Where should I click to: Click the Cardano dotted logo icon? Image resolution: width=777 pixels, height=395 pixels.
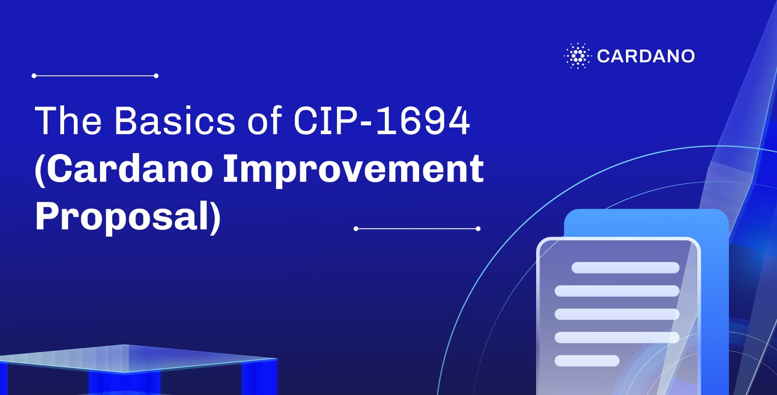(x=577, y=56)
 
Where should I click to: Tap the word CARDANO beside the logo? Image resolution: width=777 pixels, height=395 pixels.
(x=646, y=56)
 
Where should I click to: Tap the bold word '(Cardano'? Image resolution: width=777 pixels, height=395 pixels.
(x=124, y=169)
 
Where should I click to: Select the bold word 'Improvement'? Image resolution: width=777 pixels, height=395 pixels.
(x=353, y=169)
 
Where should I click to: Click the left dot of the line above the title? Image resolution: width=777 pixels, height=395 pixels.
(x=34, y=76)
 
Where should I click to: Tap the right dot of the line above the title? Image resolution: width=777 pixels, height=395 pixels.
(x=156, y=76)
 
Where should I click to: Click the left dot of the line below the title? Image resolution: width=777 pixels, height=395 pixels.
(x=356, y=228)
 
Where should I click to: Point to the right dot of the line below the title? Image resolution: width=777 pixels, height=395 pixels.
(x=478, y=228)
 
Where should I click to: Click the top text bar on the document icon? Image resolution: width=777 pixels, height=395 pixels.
(x=625, y=268)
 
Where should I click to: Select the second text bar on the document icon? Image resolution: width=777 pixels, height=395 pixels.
(x=617, y=291)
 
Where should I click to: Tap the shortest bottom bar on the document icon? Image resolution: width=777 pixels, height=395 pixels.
(x=587, y=361)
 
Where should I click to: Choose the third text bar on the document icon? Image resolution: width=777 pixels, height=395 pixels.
(x=617, y=314)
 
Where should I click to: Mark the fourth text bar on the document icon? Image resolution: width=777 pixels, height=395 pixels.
(x=617, y=337)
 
